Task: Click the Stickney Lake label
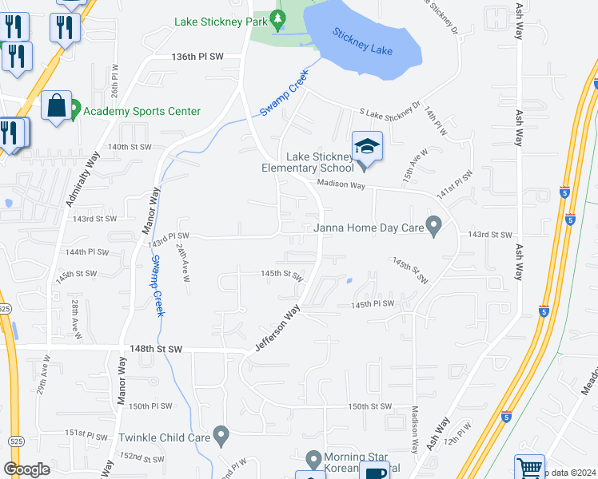pos(363,42)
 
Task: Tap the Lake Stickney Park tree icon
pos(278,18)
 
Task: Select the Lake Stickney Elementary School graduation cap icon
pos(367,146)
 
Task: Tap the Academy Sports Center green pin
pos(74,107)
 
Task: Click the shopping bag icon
pos(58,106)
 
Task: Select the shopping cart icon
pos(529,467)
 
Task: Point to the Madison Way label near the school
pos(341,184)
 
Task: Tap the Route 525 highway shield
pos(4,307)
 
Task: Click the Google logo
pos(26,469)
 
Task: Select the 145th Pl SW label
pos(373,304)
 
